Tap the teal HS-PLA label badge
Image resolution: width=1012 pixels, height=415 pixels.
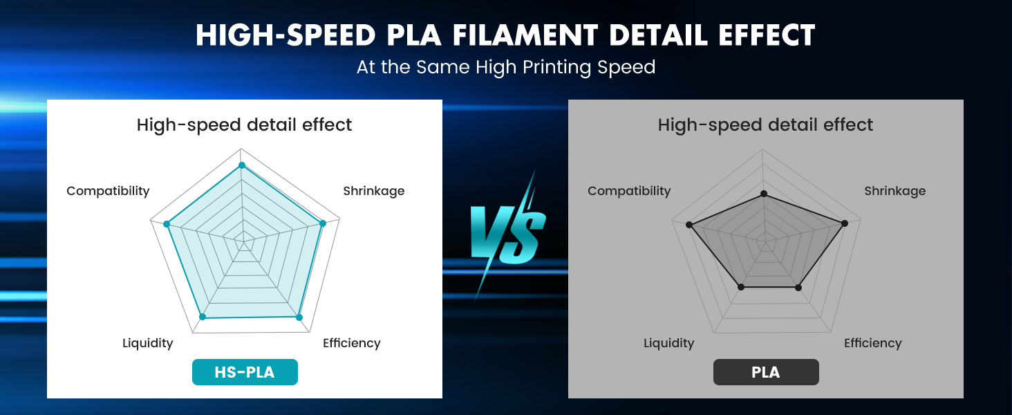(x=245, y=372)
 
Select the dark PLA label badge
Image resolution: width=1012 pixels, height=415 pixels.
(x=766, y=372)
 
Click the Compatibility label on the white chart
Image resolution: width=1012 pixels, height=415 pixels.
(x=108, y=191)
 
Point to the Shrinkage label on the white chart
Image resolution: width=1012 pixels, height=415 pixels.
(x=374, y=191)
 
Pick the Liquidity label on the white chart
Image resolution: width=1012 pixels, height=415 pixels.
(x=148, y=343)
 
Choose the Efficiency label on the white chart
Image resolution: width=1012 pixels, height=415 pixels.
(x=352, y=343)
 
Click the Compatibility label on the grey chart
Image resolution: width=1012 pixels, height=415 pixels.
(x=629, y=191)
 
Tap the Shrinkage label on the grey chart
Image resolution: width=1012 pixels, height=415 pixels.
(x=895, y=191)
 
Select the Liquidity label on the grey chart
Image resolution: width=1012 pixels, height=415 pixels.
(x=669, y=343)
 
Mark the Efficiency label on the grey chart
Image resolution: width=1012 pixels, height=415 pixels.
(x=873, y=343)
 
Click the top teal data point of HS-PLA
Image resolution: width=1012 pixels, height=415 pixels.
(x=242, y=165)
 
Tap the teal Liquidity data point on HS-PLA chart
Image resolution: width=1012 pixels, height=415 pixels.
(x=203, y=317)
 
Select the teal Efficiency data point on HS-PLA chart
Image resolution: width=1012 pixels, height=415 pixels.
(x=299, y=317)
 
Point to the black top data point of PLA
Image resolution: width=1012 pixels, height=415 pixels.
(x=764, y=194)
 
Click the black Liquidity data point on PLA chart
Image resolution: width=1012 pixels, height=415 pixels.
(x=742, y=286)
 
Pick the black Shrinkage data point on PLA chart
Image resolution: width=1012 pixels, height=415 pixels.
(x=844, y=223)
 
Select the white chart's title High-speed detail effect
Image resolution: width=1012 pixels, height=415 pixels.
(x=245, y=125)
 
